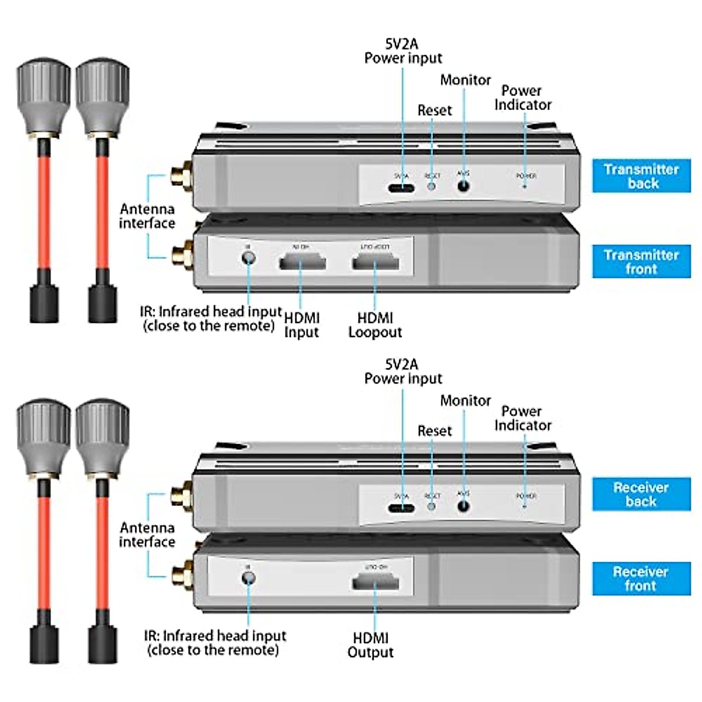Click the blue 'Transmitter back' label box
click(641, 176)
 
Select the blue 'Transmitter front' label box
click(641, 261)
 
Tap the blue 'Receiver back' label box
click(641, 494)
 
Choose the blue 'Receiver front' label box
click(641, 579)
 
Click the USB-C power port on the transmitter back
click(401, 188)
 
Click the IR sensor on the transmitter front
click(249, 257)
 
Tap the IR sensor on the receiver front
click(249, 578)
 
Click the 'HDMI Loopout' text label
click(375, 325)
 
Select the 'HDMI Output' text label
click(371, 645)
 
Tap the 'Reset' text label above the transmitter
click(435, 111)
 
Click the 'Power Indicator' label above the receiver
click(522, 418)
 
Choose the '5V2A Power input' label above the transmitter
click(403, 51)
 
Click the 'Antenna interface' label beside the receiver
click(147, 535)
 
